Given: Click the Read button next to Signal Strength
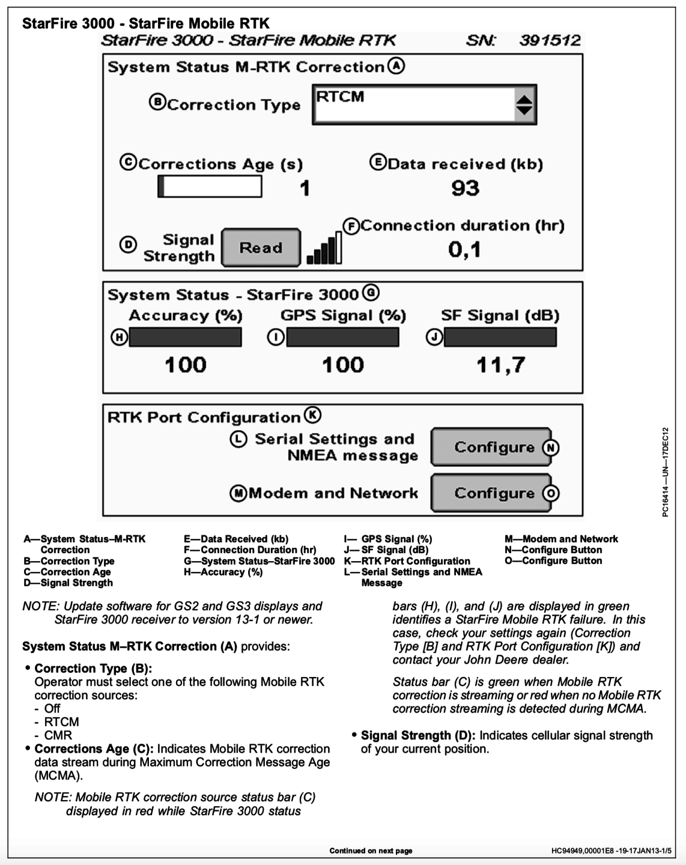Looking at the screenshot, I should [261, 247].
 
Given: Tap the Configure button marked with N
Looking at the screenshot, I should [491, 447].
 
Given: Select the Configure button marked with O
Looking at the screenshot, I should [491, 493].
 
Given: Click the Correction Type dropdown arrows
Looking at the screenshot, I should [524, 105].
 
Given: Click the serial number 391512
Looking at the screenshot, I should [550, 41].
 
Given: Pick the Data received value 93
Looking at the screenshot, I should [465, 188].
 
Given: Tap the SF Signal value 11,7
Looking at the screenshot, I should [500, 365].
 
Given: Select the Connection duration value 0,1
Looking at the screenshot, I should [464, 249].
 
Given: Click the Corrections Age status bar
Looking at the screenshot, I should [210, 187].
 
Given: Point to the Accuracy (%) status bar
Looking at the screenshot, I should [185, 338].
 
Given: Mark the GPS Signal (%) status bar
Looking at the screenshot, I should [342, 338].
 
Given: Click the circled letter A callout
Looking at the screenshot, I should [395, 65].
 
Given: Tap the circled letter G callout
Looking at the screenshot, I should [371, 293].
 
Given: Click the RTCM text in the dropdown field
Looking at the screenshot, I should [340, 97].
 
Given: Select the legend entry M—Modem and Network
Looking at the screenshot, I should [561, 539].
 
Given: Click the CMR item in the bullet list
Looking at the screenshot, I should [58, 735].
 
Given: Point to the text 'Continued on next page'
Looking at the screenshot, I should [371, 851].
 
